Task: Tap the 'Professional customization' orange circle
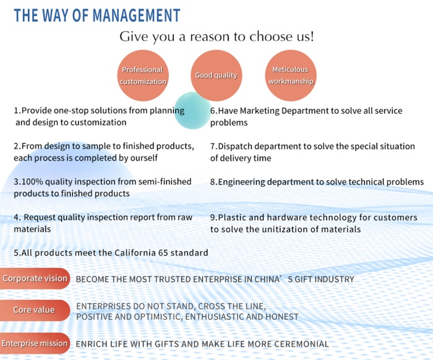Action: click(x=143, y=75)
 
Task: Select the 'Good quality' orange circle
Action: click(x=216, y=75)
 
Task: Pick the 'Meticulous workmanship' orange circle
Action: click(x=291, y=75)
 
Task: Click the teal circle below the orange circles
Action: click(x=192, y=111)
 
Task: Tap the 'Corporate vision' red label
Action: click(x=35, y=278)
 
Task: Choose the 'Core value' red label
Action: click(x=35, y=310)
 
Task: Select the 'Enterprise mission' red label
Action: click(x=35, y=343)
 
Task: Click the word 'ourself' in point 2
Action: click(x=144, y=158)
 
